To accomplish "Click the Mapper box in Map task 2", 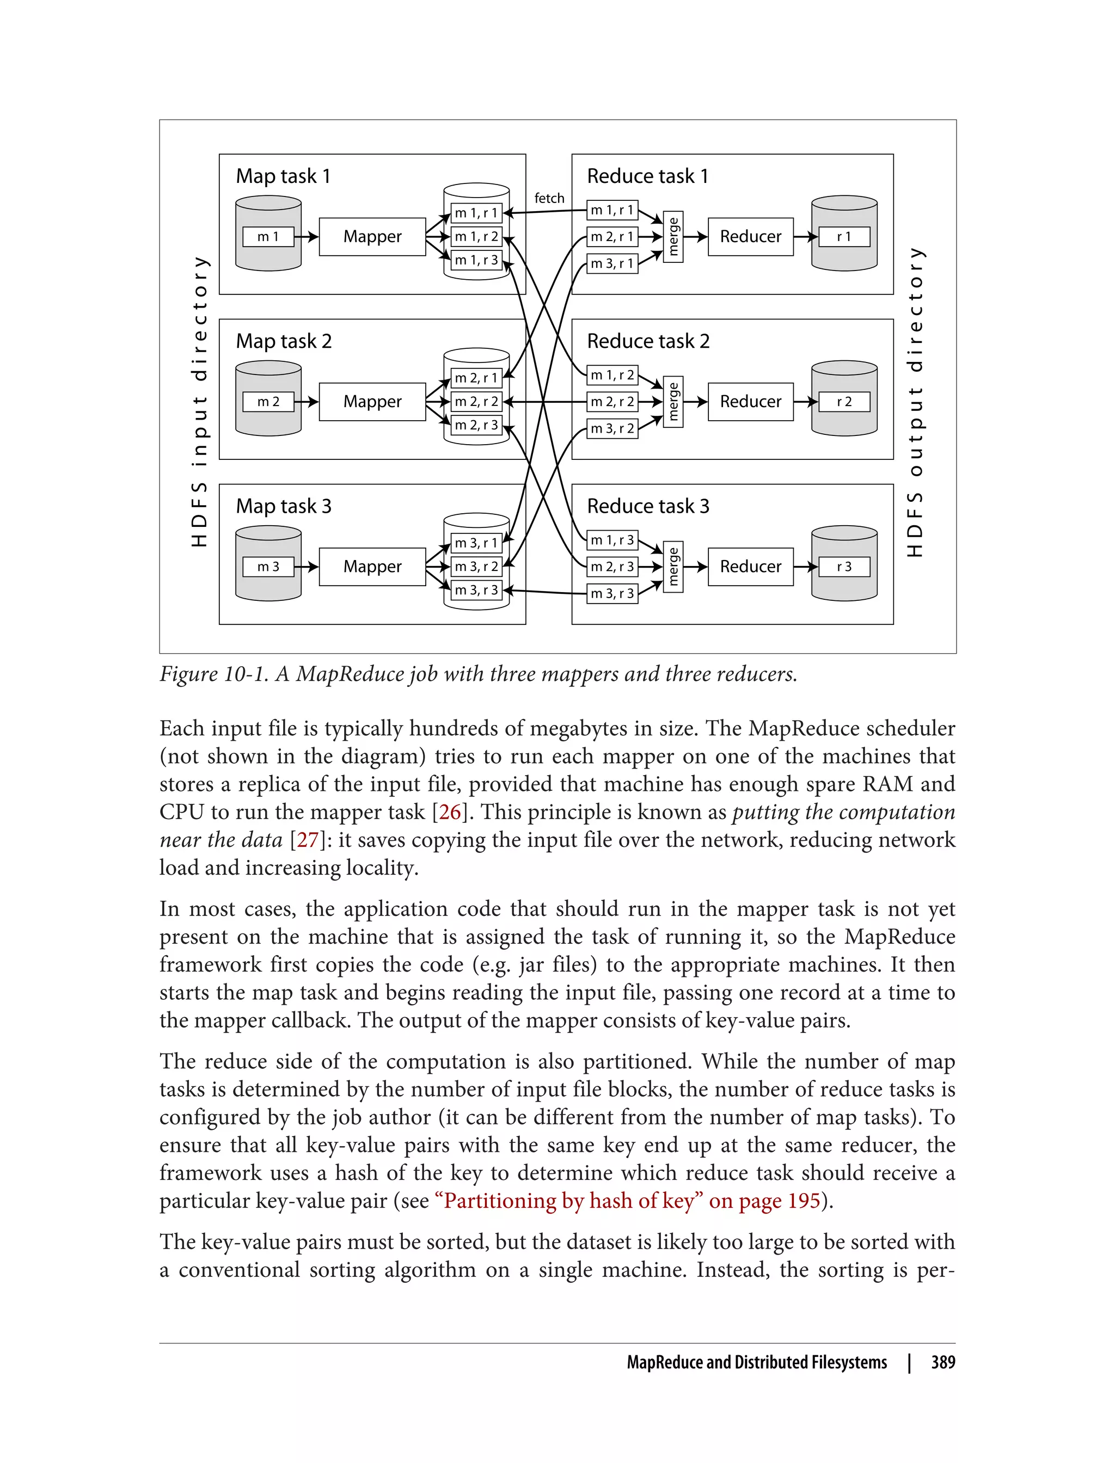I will [372, 402].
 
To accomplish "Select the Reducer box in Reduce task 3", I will [750, 566].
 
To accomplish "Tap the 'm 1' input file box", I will [268, 236].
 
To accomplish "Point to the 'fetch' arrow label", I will [549, 198].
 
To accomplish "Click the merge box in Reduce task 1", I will [673, 237].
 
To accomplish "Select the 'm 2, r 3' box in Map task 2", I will [476, 425].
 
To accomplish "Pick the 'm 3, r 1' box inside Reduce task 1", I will [612, 263].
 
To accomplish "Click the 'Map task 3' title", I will [284, 506].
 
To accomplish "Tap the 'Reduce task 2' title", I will [648, 341].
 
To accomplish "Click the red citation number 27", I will [307, 840].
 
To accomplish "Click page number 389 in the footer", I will [942, 1362].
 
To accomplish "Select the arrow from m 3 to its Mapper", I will [306, 567].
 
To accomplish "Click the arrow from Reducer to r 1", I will [805, 237].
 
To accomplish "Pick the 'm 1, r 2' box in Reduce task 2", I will [612, 375].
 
